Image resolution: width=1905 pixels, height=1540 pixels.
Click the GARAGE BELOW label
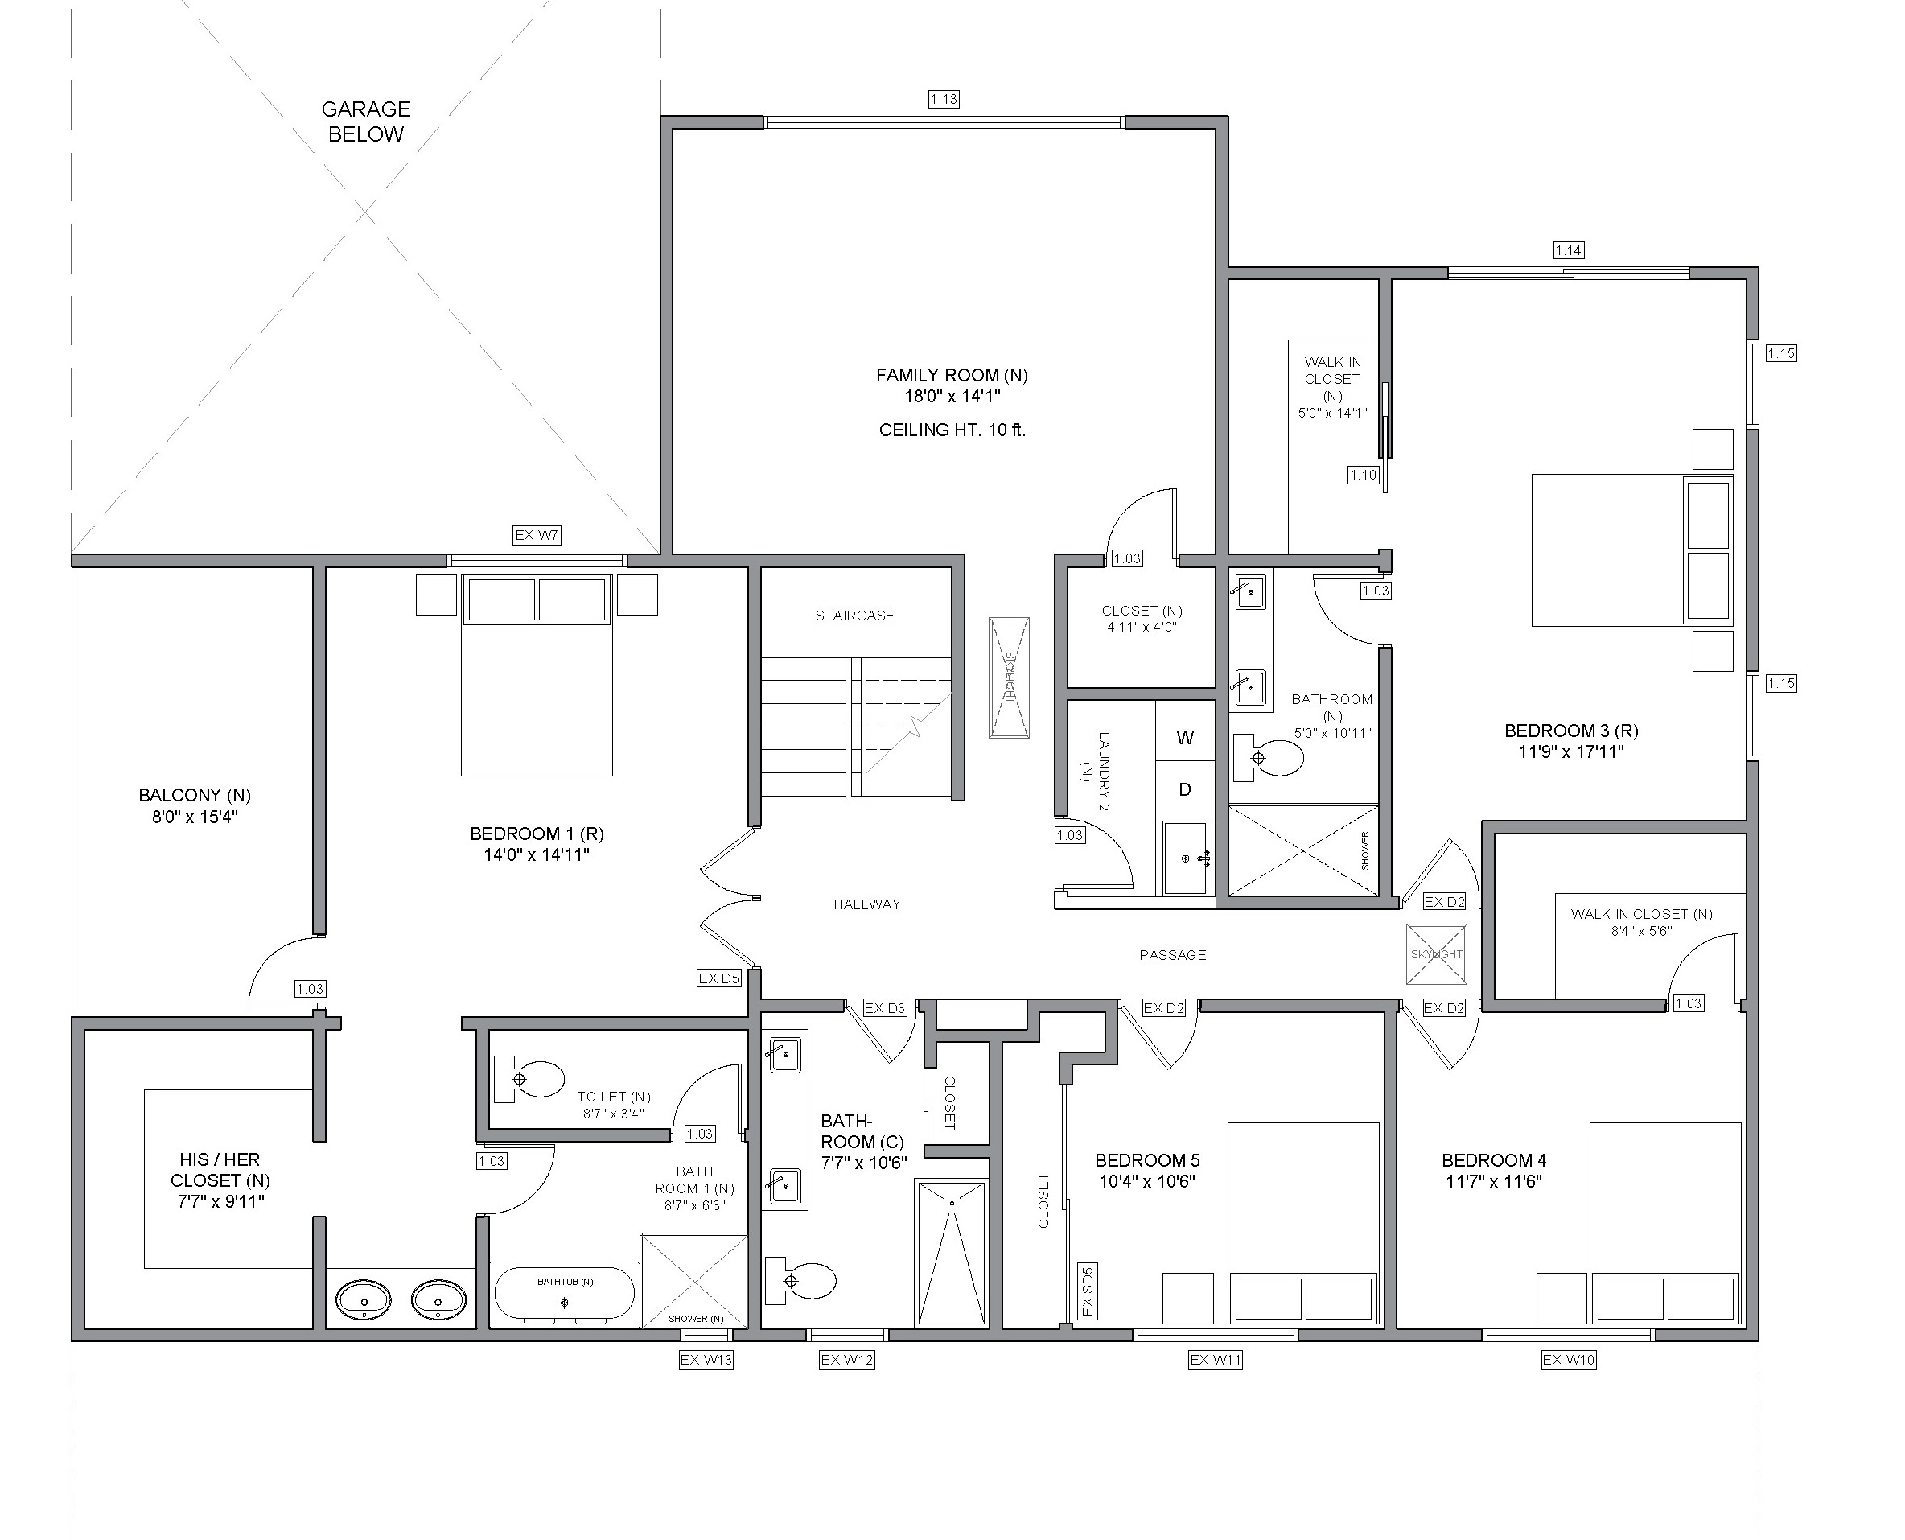pyautogui.click(x=365, y=121)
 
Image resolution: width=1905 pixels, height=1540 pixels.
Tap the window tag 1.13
pyautogui.click(x=944, y=99)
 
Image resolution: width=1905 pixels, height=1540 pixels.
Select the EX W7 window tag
pyautogui.click(x=537, y=535)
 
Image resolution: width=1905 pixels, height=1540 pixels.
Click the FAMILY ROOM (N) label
pyautogui.click(x=952, y=375)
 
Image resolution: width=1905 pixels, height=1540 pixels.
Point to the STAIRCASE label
pyautogui.click(x=855, y=616)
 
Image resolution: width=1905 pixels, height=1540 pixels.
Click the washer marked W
pyautogui.click(x=1185, y=737)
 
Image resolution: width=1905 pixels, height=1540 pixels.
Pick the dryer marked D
pyautogui.click(x=1185, y=789)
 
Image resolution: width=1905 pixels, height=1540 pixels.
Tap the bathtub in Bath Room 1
pyautogui.click(x=564, y=1295)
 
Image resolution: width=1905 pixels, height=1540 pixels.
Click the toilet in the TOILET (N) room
pyautogui.click(x=529, y=1079)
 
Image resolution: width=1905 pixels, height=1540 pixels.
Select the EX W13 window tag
pyautogui.click(x=706, y=1360)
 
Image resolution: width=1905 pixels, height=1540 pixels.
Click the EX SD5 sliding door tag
pyautogui.click(x=1088, y=1291)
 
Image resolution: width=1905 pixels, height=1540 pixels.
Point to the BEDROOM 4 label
pyautogui.click(x=1495, y=1160)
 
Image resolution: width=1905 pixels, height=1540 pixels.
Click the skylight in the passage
pyautogui.click(x=1437, y=954)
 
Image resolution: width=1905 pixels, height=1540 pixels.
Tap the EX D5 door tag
pyautogui.click(x=719, y=978)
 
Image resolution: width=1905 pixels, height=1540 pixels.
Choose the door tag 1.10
pyautogui.click(x=1363, y=476)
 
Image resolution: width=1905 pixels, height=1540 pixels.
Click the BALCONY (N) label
pyautogui.click(x=195, y=795)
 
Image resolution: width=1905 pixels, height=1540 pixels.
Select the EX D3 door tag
pyautogui.click(x=885, y=1007)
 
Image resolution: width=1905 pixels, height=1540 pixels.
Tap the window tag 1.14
pyautogui.click(x=1569, y=250)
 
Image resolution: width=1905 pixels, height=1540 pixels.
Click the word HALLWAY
pyautogui.click(x=867, y=905)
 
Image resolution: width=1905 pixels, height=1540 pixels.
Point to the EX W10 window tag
pyautogui.click(x=1569, y=1360)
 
